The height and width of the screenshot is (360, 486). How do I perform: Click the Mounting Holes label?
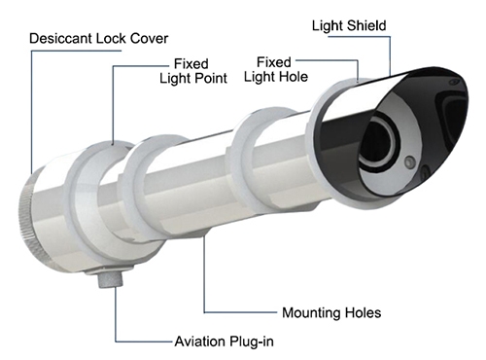pos(331,313)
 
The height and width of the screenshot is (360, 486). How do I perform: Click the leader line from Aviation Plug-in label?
pos(118,321)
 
